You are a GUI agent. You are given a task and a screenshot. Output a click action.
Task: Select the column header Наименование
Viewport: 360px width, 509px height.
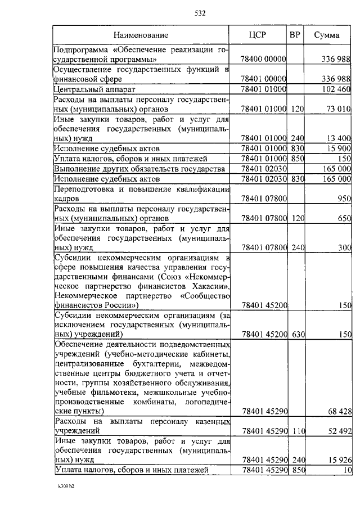(x=140, y=35)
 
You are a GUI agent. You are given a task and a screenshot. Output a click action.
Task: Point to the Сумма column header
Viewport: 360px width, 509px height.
(x=326, y=35)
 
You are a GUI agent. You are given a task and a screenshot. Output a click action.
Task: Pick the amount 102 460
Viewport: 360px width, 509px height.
(x=336, y=89)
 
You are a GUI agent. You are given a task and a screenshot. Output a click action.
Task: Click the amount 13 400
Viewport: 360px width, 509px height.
(x=339, y=138)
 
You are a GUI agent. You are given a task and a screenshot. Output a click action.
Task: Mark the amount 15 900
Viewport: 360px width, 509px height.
(x=339, y=148)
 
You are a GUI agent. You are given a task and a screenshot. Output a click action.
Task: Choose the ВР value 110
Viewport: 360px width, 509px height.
(x=297, y=431)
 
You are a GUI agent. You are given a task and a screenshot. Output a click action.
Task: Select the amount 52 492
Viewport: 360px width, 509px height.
(x=339, y=431)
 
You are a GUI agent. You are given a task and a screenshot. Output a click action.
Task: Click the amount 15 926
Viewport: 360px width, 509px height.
(x=339, y=460)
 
